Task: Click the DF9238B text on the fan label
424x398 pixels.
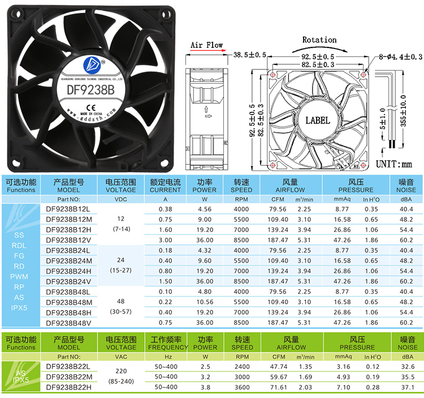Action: tap(90, 89)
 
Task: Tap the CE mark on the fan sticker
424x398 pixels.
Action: tap(90, 106)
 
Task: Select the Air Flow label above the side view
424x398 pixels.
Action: tap(206, 45)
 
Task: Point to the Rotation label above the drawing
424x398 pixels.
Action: tap(319, 40)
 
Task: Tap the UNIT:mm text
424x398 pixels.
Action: tap(395, 164)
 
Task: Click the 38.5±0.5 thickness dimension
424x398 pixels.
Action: tap(250, 55)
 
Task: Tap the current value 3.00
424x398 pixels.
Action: tap(165, 240)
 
